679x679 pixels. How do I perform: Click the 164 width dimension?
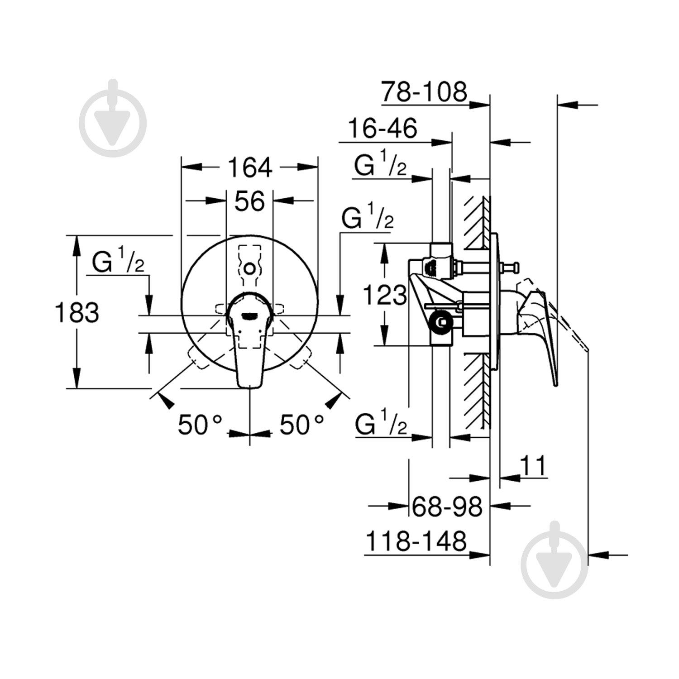click(x=249, y=168)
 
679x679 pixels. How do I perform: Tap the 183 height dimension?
click(x=77, y=312)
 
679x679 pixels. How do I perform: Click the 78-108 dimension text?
click(x=423, y=92)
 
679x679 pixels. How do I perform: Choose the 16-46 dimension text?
click(x=383, y=129)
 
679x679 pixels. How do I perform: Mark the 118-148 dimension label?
click(x=416, y=541)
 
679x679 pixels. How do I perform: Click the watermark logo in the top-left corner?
click(x=113, y=119)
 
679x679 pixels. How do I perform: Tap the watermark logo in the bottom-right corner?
click(x=555, y=560)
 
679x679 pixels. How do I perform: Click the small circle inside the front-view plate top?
click(x=249, y=268)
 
